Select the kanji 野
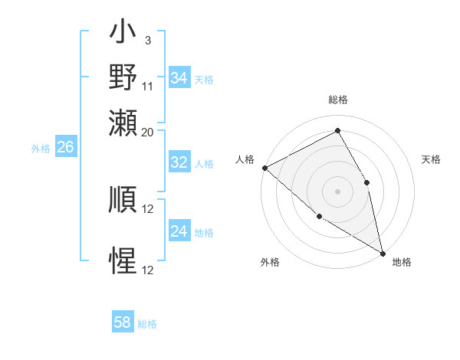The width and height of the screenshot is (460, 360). [x=123, y=77]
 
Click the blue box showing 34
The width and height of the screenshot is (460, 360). [x=179, y=78]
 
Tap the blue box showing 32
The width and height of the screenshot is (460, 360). [x=179, y=162]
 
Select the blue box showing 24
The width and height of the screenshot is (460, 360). [x=179, y=232]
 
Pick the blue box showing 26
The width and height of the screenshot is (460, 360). [x=65, y=148]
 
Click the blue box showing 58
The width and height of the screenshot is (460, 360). [x=123, y=322]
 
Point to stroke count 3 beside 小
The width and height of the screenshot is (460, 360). [x=147, y=40]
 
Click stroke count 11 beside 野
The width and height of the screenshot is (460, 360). [x=147, y=86]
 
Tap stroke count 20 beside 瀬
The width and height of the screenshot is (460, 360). [x=147, y=132]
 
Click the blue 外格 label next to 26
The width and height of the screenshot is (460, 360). [x=41, y=149]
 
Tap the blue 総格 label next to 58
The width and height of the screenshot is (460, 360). [x=147, y=324]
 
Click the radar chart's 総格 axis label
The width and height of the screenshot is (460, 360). [x=337, y=100]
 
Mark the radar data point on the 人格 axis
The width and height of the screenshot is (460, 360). [x=264, y=168]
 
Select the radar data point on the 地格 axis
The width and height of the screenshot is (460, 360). [x=382, y=252]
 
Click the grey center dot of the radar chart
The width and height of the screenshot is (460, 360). [x=337, y=191]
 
